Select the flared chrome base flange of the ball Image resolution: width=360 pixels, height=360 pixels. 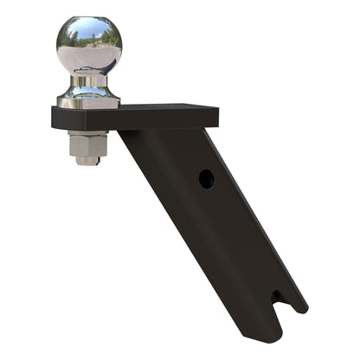[x=88, y=100]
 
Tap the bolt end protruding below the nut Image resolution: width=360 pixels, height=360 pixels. [x=87, y=161]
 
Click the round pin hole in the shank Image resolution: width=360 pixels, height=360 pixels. [x=205, y=179]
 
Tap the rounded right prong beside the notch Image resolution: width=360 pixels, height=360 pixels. [x=294, y=305]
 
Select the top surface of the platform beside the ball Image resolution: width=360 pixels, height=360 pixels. [x=164, y=109]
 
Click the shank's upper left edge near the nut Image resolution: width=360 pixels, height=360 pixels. [x=130, y=147]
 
